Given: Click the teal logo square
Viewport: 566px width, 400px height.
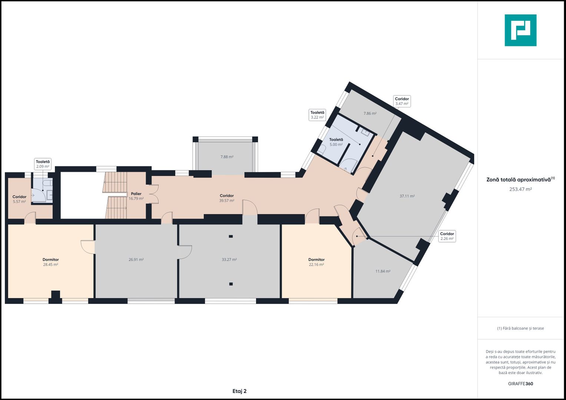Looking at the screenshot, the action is click(520, 30).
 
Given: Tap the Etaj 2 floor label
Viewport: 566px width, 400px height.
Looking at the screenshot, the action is click(239, 391).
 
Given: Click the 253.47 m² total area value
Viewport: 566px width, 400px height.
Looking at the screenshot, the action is click(520, 189).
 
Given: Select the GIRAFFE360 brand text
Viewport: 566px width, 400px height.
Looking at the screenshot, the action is click(520, 384).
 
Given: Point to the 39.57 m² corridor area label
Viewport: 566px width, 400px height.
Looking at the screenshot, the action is click(226, 201).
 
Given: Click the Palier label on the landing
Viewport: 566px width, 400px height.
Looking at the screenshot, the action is click(136, 194).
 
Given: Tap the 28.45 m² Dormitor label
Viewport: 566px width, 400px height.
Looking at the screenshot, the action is click(50, 262).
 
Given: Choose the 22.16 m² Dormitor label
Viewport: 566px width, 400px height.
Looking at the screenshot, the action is click(316, 262).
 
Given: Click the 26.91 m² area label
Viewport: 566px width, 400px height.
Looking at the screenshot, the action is click(136, 260).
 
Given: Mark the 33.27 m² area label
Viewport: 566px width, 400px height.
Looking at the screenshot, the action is click(229, 260).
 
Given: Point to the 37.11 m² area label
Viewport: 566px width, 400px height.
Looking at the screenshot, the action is click(407, 196).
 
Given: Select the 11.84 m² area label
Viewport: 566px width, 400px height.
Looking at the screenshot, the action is click(383, 271).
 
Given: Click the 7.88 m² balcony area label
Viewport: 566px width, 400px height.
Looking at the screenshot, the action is click(227, 157).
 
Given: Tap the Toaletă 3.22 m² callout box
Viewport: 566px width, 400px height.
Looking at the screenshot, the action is click(317, 115).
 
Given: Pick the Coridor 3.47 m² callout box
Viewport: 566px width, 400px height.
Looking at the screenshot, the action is click(402, 101).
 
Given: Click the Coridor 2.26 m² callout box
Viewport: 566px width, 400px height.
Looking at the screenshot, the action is click(447, 236).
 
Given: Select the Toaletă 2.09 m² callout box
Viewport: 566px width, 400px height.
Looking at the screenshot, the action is click(43, 164).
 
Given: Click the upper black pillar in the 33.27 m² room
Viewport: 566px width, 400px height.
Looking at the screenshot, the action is click(231, 236).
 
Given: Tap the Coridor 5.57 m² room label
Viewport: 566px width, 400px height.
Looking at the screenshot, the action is click(19, 199).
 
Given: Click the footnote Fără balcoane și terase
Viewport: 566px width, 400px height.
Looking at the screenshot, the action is click(520, 328).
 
